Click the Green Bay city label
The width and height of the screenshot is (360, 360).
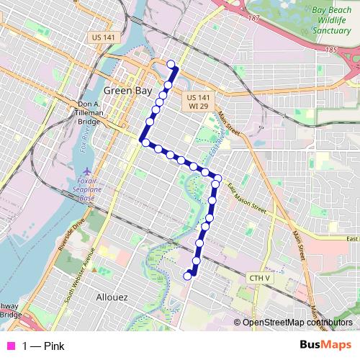pos(127,91)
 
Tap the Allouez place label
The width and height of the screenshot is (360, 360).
pos(112,296)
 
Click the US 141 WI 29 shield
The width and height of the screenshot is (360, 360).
pos(198,102)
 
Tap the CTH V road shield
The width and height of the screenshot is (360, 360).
pos(259,277)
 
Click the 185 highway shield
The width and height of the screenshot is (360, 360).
pos(330,50)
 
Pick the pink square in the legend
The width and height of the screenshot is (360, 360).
pos(10,346)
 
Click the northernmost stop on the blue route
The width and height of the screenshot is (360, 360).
pos(171,65)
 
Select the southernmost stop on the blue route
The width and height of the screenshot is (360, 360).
pos(188,275)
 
